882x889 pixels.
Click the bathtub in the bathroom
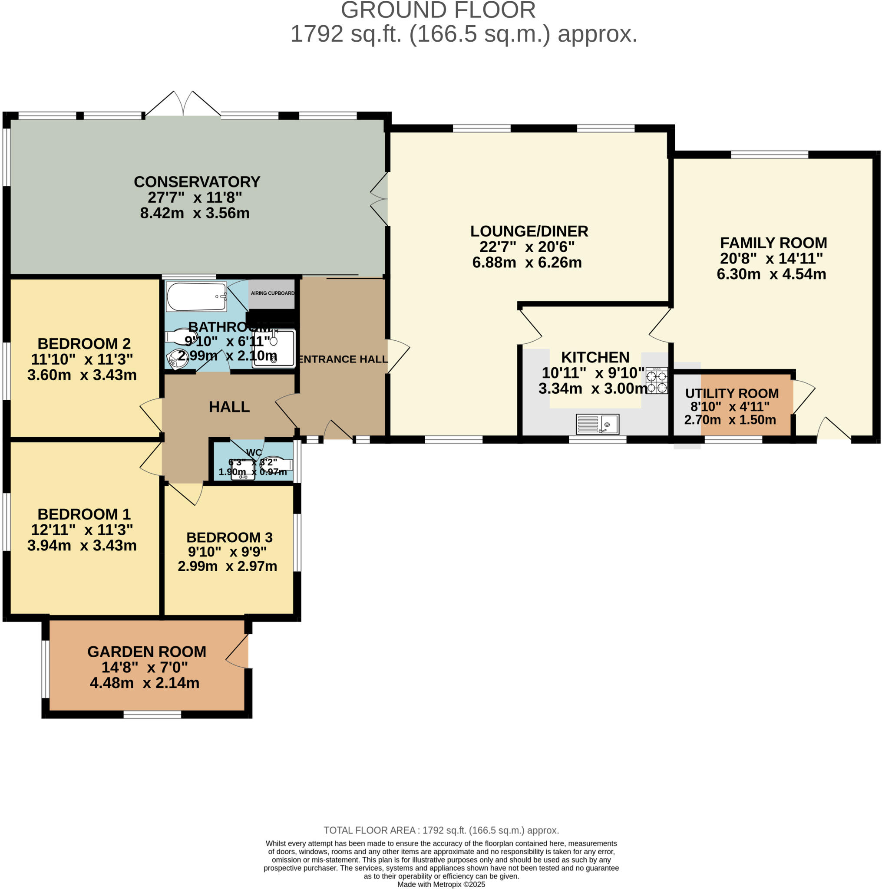[196, 297]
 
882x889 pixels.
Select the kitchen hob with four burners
[657, 381]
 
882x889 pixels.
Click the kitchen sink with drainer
[597, 424]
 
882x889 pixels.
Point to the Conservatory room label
[197, 182]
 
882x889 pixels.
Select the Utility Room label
[731, 393]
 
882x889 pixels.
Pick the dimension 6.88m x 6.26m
[527, 262]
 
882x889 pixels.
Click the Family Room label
[773, 243]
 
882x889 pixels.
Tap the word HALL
[229, 407]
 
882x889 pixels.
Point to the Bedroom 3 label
[229, 537]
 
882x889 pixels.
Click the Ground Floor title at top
[438, 10]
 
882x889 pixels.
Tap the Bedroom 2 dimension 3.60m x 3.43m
[82, 375]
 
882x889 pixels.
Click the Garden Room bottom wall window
[152, 714]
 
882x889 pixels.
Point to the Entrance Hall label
[343, 359]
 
